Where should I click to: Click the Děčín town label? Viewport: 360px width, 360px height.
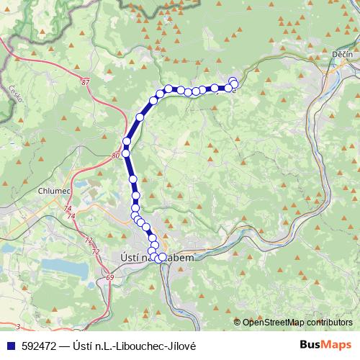click(341, 55)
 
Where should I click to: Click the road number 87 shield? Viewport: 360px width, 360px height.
click(86, 84)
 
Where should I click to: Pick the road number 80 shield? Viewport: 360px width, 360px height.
click(117, 155)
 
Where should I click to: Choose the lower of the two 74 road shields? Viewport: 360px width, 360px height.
click(71, 216)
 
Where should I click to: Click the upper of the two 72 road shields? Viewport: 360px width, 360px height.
click(89, 239)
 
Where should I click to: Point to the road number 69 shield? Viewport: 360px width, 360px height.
click(109, 277)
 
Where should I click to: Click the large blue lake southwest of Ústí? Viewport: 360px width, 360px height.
click(65, 267)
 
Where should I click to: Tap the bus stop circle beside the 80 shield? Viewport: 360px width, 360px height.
click(126, 153)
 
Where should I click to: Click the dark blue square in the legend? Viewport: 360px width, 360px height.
click(9, 345)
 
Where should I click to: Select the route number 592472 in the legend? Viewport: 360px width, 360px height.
click(37, 345)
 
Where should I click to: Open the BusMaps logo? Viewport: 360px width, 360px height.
click(325, 344)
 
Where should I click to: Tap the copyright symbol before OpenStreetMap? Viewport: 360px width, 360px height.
click(238, 322)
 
